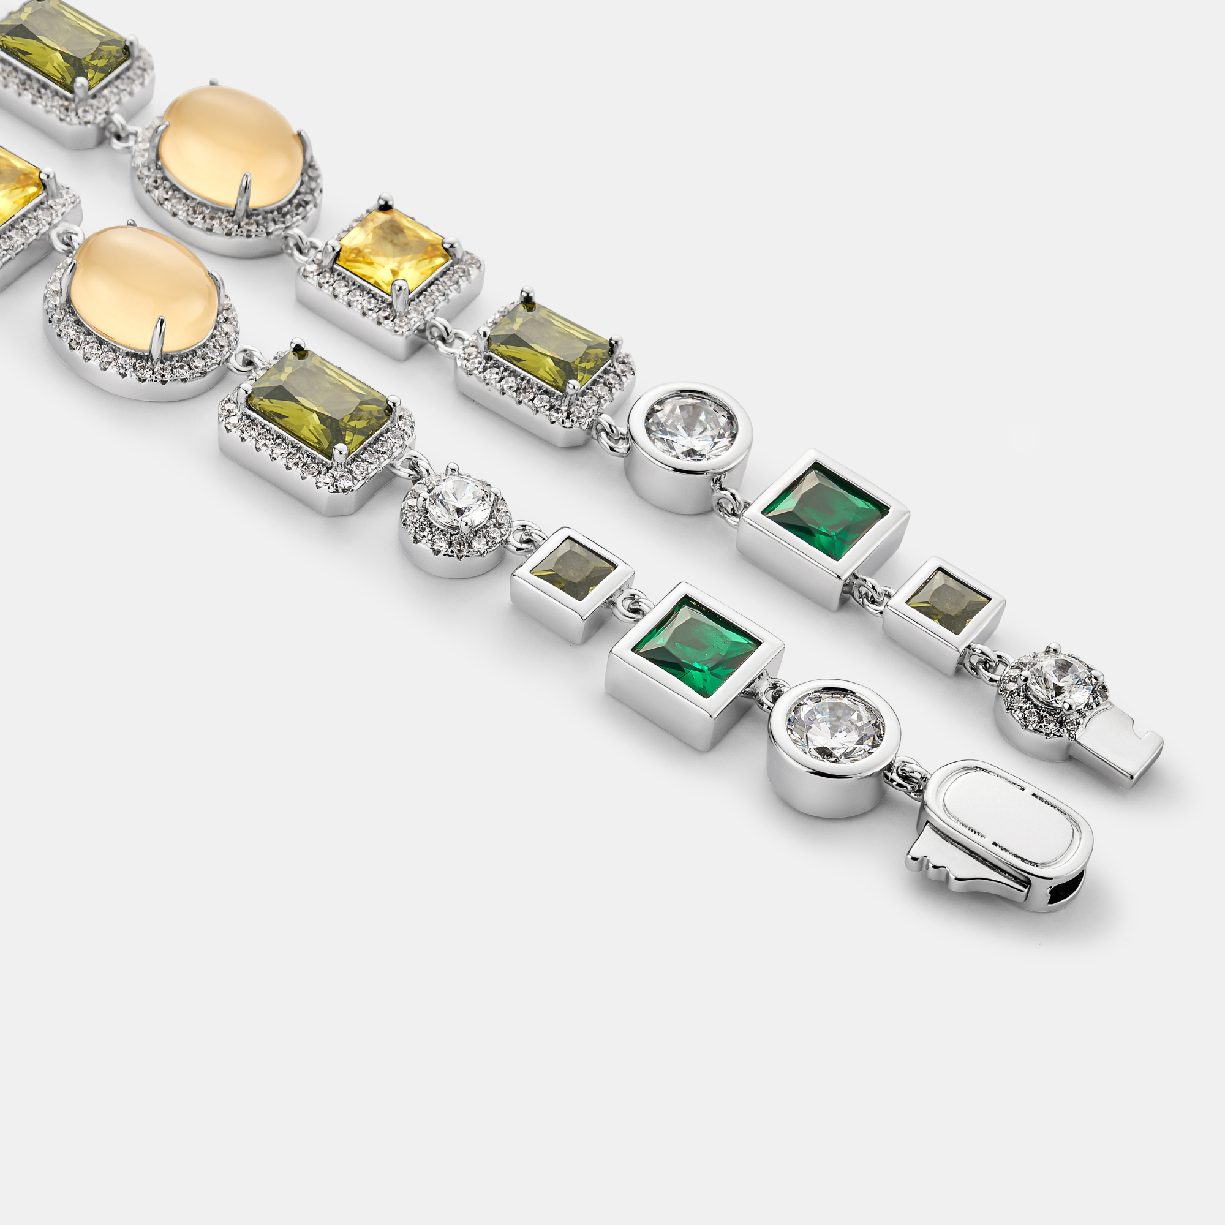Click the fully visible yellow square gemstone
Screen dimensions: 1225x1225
pyautogui.click(x=393, y=251)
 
